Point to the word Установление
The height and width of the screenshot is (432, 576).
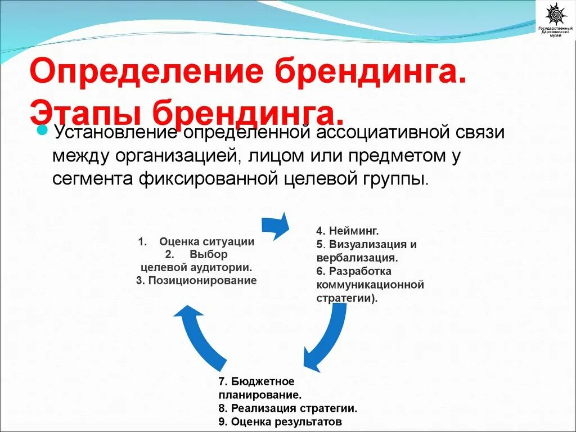(116, 133)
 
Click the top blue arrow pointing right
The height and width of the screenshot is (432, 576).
(276, 225)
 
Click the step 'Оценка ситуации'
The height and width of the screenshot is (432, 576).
(206, 242)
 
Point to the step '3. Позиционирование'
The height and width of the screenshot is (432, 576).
(196, 280)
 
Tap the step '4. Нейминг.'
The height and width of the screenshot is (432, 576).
(347, 231)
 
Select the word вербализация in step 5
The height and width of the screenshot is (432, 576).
(357, 258)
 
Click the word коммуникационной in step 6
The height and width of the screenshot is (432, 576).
(370, 285)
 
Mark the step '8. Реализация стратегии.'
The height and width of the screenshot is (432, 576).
(287, 408)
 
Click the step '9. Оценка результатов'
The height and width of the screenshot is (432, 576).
(280, 421)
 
